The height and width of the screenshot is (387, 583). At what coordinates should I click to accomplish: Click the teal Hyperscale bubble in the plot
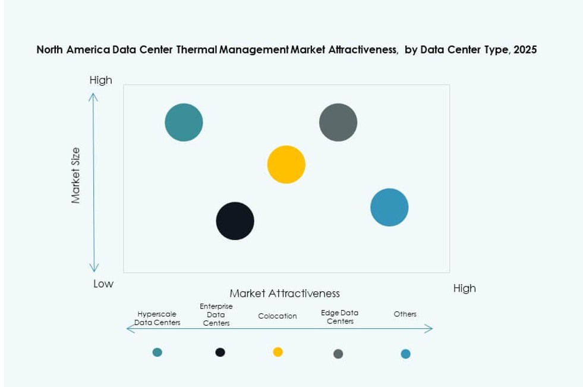pos(184,122)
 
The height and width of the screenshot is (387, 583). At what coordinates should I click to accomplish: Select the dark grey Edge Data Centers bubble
pos(338,122)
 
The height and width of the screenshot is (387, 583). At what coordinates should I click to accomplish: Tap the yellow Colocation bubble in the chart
pos(286,165)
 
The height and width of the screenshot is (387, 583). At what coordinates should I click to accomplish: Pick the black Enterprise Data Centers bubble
pos(235,221)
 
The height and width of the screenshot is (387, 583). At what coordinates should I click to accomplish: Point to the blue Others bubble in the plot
pos(389,207)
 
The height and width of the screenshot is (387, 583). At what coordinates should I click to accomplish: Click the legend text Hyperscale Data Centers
pos(157,318)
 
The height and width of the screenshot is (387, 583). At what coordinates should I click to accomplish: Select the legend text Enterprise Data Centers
pos(216,314)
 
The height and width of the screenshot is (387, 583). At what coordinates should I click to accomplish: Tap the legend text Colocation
pos(278,316)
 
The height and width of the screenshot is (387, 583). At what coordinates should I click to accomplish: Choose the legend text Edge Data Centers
pos(340,316)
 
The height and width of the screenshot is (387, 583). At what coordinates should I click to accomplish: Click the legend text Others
pos(405,314)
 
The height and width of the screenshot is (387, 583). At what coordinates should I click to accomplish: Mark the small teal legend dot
pos(157,352)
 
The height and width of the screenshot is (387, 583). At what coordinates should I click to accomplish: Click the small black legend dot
pos(220,352)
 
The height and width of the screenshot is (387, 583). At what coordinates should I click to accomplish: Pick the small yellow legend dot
pos(278,351)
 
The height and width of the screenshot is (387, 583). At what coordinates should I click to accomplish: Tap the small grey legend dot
pos(338,354)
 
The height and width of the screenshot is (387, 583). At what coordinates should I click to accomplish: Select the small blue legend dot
pos(405,354)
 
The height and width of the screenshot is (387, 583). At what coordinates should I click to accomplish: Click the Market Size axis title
pos(75,175)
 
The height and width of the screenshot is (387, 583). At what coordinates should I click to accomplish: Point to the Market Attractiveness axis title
pos(285,294)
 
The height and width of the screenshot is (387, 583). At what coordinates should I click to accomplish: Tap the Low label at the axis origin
pos(103,284)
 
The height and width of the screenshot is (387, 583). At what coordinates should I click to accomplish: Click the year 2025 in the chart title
pos(525,50)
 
